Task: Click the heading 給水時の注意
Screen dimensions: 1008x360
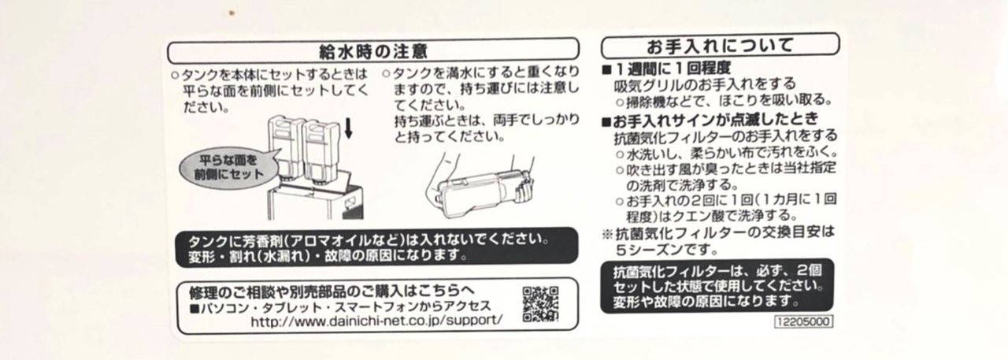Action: tap(373, 51)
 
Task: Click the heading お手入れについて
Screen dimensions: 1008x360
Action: tap(720, 46)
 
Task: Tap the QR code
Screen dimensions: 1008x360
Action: tap(540, 304)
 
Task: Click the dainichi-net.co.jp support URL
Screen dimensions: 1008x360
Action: tap(376, 321)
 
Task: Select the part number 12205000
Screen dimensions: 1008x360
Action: tap(803, 321)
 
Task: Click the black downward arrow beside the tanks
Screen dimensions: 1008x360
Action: tap(348, 129)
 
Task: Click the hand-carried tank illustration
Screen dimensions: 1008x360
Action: tap(480, 186)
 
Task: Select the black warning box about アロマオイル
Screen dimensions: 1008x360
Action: tap(376, 247)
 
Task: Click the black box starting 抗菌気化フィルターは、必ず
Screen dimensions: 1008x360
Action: tap(717, 286)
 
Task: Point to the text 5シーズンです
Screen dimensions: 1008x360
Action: tap(667, 249)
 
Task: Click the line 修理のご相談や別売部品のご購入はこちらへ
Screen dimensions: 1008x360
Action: tap(332, 291)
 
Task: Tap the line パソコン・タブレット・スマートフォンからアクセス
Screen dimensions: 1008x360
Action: tap(341, 307)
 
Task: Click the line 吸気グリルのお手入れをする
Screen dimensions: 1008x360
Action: tap(705, 84)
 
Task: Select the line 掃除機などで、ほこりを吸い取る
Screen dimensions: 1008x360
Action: tap(724, 100)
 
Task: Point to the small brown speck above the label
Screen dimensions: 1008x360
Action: tap(232, 13)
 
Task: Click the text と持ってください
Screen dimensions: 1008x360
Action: tap(450, 136)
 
